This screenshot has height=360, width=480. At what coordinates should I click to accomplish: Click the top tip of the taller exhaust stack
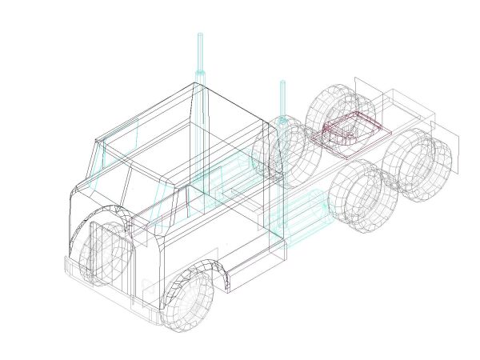coord(200,35)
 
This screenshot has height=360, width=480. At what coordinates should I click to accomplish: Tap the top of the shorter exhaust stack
coord(282,82)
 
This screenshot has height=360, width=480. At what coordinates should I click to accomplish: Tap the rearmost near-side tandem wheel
coord(416,164)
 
